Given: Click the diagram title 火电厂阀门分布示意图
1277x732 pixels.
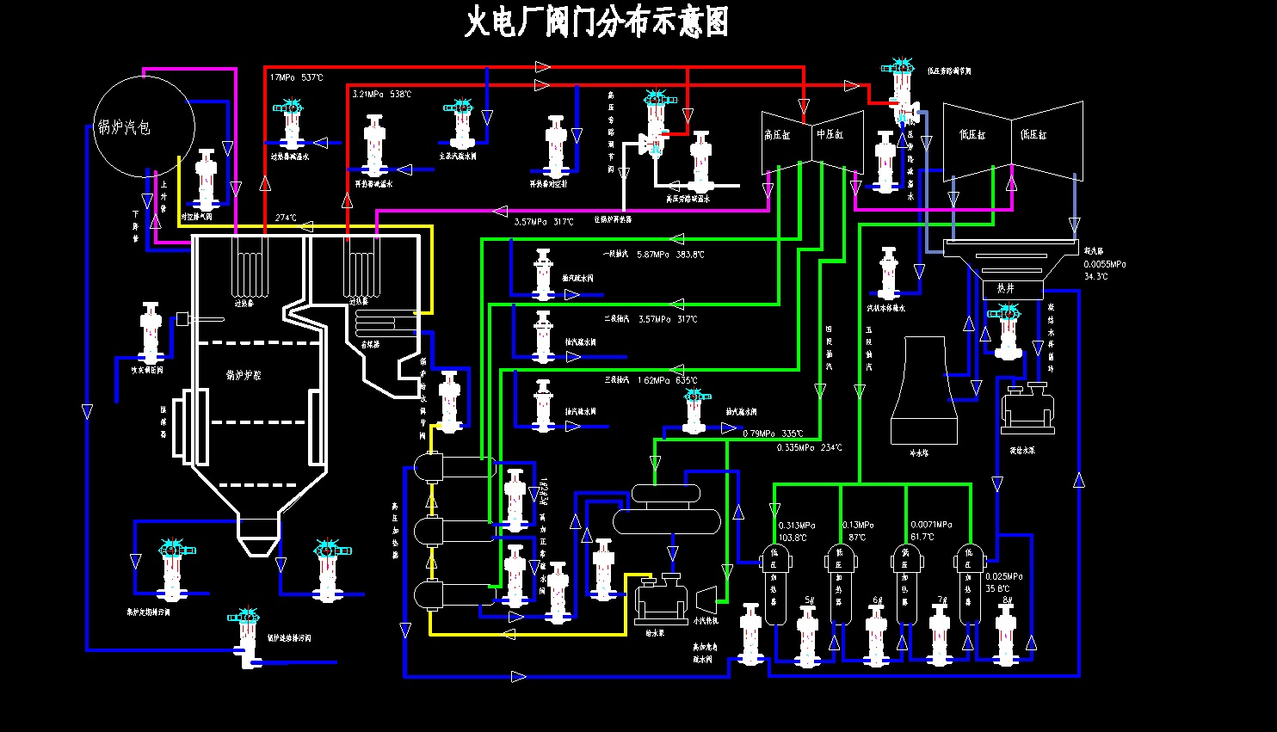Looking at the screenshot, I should click(596, 22).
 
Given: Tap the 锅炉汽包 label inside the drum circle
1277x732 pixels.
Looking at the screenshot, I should click(124, 127).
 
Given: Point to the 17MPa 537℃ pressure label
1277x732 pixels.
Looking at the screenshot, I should click(296, 77).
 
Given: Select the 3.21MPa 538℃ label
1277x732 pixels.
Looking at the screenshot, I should click(381, 94).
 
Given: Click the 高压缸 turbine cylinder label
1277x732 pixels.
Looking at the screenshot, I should click(776, 135).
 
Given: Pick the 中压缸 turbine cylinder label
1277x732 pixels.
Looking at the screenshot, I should click(830, 134).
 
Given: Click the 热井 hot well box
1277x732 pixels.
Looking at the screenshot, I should click(1006, 288).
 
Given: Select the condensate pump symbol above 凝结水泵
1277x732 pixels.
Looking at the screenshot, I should click(1027, 409).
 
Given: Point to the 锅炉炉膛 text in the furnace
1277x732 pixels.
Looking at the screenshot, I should click(244, 375).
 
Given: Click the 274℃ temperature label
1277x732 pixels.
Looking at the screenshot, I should click(286, 218).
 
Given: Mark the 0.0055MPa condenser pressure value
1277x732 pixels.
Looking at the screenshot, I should click(1105, 265).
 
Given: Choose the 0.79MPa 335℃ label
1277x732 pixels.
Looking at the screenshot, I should click(772, 434).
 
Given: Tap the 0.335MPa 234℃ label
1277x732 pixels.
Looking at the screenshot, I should click(809, 447).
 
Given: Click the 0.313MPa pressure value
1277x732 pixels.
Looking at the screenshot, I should click(796, 526).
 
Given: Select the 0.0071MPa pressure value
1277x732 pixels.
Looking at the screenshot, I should click(931, 525).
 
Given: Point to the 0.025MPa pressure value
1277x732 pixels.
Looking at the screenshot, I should click(1003, 576).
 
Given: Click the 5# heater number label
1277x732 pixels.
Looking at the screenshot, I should click(809, 600).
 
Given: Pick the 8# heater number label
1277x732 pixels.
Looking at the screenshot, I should click(1007, 600).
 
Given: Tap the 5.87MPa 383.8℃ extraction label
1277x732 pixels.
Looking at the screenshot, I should click(669, 255).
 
